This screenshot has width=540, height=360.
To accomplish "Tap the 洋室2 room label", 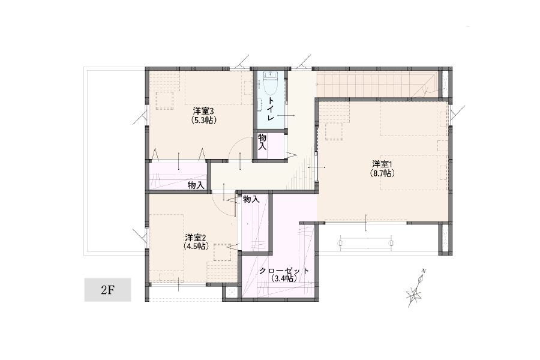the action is pos(195,238).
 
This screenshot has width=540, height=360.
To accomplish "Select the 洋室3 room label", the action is pos(204,111).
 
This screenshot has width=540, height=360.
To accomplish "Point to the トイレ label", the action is pos(271,109).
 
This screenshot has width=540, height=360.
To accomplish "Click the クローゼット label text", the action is pos(284,271).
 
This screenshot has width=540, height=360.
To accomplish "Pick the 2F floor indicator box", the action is pos(108,290).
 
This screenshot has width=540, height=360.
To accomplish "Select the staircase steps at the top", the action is pos(377,85).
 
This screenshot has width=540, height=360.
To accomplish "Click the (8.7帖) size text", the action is pos(382,173).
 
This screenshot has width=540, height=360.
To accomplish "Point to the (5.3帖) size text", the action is pos(204,120).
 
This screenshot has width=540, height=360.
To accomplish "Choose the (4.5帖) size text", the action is pos(196,247).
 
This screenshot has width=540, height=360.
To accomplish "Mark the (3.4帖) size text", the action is pos(284,278).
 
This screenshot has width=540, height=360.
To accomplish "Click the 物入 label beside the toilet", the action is pos(262,142).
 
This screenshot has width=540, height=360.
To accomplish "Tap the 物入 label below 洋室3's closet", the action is pos(196,185).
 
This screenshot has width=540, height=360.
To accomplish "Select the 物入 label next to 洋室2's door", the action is pos(251,199).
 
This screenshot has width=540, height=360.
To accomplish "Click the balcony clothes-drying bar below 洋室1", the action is pos(366,243).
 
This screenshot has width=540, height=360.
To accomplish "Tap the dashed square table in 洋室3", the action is pos(164,101).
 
